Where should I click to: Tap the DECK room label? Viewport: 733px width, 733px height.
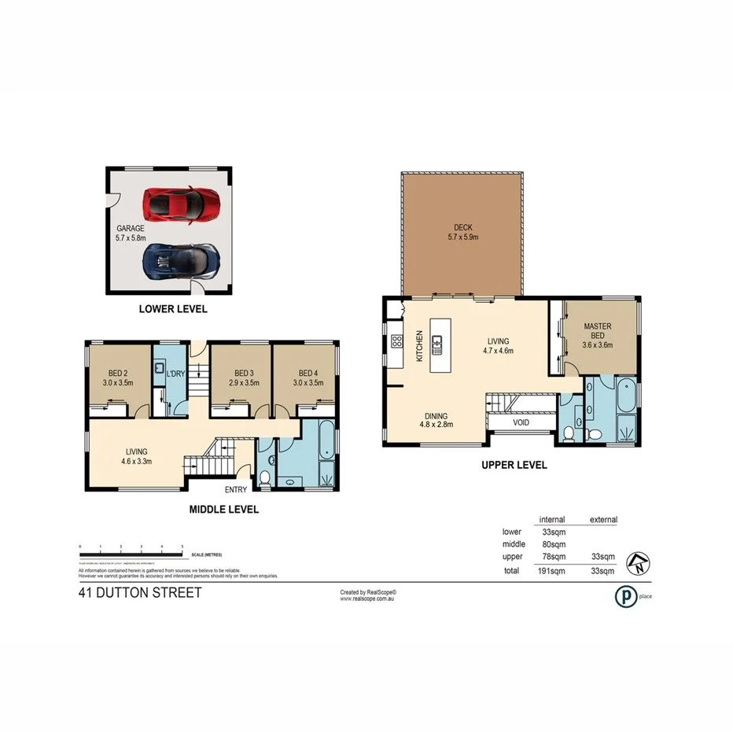pos(462,227)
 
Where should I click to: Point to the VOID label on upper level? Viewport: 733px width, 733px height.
pos(521,422)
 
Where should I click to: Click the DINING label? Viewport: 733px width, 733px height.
pos(435,416)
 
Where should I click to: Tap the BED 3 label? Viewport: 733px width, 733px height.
pos(242,374)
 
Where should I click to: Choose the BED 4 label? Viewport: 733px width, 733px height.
pos(308,374)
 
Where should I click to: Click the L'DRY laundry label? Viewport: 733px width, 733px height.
pos(175,374)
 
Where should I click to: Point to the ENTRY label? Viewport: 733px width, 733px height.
pos(235,489)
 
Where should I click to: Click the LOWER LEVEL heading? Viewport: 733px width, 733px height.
pos(173,309)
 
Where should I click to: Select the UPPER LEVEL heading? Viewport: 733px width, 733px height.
pos(514,465)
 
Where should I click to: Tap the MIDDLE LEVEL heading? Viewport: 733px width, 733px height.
pos(224,510)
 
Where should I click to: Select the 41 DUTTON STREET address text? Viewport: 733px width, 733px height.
pos(140,592)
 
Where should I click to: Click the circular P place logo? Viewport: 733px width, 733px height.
pos(625,596)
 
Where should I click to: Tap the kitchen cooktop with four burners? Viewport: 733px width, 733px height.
pos(397,341)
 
